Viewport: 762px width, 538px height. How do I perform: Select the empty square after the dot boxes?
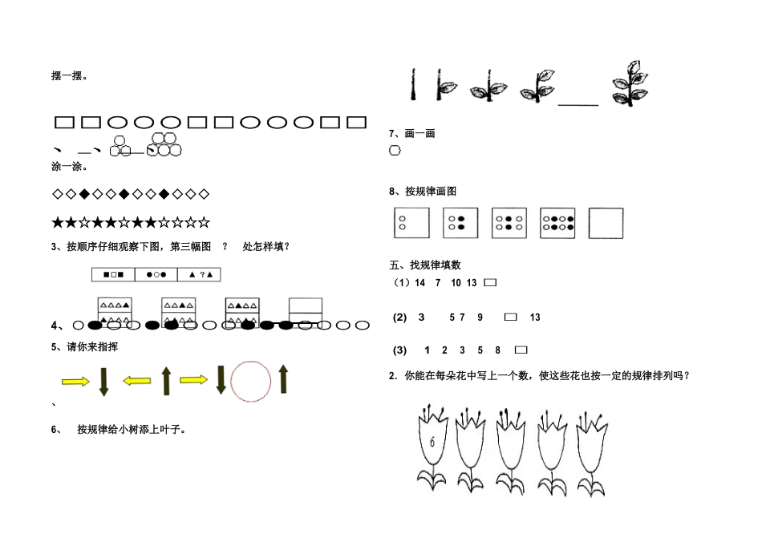click(x=606, y=223)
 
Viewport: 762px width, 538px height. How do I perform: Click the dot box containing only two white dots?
click(x=412, y=223)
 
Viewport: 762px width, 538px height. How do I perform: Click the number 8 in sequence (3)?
click(x=498, y=350)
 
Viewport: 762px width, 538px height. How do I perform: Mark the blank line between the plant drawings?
click(x=578, y=103)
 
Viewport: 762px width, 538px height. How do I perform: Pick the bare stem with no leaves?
click(x=413, y=83)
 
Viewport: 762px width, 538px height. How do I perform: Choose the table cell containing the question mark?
click(x=199, y=274)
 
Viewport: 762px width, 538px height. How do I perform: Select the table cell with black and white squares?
click(x=113, y=274)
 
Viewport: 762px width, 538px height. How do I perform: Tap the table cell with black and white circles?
click(x=156, y=274)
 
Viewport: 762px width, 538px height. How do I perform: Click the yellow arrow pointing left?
click(x=137, y=381)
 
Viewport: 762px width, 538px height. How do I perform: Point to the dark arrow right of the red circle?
click(x=283, y=379)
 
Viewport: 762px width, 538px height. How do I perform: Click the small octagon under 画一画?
click(x=395, y=151)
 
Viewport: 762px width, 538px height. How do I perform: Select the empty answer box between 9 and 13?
click(x=510, y=318)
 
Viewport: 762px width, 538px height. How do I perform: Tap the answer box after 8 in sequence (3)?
click(x=521, y=350)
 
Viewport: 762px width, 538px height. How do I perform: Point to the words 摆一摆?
click(x=70, y=76)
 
